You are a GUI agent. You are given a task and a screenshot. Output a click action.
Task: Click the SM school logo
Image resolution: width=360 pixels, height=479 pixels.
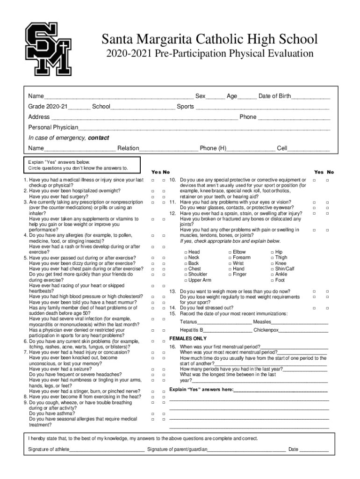tap(48, 49)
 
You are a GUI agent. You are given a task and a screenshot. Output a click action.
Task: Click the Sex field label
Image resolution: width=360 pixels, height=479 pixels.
tap(200, 96)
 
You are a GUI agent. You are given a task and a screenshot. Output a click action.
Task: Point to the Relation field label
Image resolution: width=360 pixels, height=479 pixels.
tap(128, 148)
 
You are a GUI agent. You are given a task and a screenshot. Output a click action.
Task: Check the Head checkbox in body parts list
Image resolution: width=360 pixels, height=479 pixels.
tap(186, 252)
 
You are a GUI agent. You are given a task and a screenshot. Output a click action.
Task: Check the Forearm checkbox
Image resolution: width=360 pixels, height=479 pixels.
tap(230, 258)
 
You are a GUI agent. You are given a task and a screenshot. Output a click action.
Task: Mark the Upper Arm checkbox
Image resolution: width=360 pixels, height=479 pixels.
tap(186, 280)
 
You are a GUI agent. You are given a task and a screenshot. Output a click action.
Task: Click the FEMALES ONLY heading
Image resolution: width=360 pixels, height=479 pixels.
tap(188, 338)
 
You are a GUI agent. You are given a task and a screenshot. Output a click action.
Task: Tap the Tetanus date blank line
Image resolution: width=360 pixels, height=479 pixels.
tap(224, 323)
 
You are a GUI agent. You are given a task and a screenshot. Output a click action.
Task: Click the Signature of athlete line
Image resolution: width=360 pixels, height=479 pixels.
tap(107, 450)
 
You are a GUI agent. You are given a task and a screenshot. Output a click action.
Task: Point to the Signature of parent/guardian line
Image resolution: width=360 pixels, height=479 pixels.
tap(246, 450)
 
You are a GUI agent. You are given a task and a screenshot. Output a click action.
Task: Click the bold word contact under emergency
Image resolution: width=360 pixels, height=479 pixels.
tap(99, 138)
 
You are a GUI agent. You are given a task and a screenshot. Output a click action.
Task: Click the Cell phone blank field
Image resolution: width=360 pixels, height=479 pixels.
tap(309, 149)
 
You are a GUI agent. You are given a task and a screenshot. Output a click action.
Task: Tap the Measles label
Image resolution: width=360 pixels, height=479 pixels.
tap(262, 322)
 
